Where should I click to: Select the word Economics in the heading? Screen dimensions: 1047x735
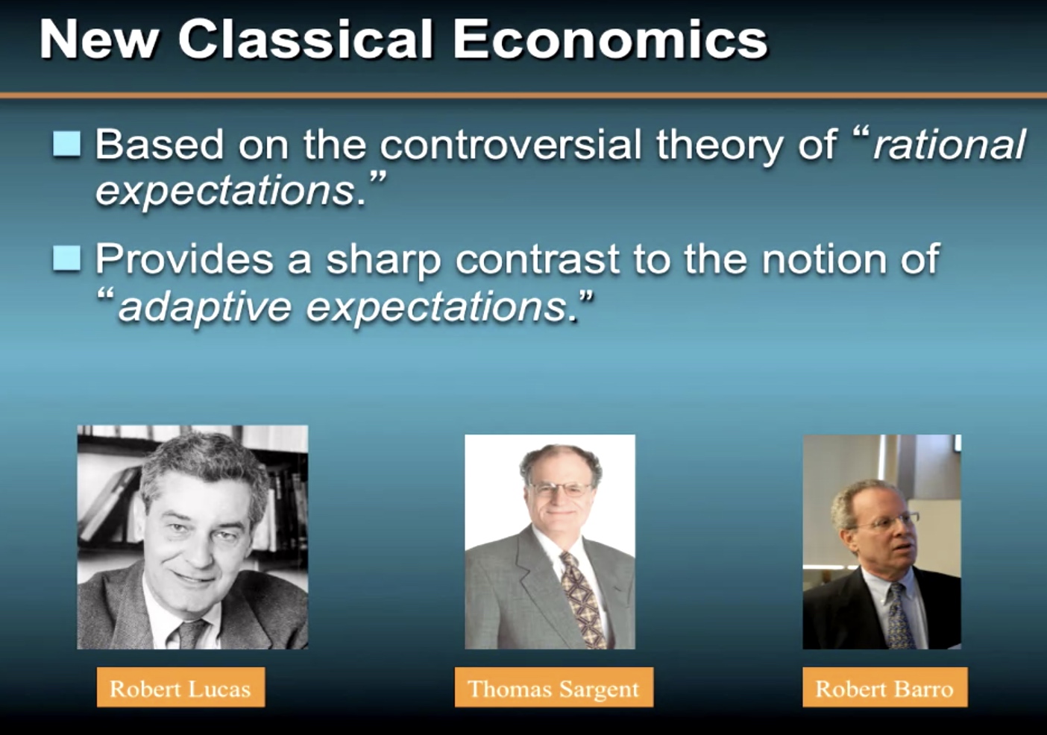(610, 40)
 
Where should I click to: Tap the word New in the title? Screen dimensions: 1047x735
(98, 40)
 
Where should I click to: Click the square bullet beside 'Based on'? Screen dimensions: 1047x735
(67, 143)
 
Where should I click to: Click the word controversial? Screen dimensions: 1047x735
(510, 145)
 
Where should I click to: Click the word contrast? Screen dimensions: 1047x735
(537, 259)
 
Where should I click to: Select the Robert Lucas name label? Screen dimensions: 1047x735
(180, 688)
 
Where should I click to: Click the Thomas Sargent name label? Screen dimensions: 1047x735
(554, 688)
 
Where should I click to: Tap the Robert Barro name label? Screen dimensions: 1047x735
(885, 688)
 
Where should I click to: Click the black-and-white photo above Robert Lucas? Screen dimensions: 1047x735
(192, 537)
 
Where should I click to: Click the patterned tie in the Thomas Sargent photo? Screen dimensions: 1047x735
(582, 601)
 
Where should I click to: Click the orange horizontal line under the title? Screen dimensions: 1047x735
(523, 95)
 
